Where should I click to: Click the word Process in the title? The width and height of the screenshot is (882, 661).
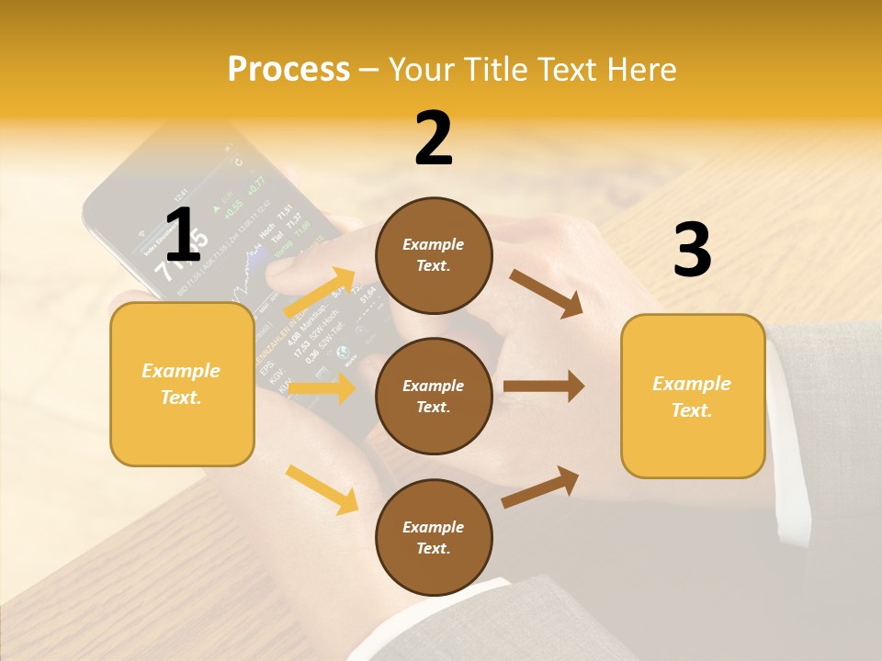click(288, 69)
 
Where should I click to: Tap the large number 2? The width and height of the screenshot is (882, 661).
click(434, 139)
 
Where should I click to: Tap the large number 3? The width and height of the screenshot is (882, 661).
click(692, 251)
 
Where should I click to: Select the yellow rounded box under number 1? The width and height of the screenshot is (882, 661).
click(182, 384)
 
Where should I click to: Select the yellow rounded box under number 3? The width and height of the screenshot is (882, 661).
click(693, 396)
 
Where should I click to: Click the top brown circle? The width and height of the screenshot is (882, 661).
click(434, 255)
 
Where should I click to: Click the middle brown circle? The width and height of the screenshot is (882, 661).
click(434, 396)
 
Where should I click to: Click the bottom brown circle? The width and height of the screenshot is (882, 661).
click(434, 537)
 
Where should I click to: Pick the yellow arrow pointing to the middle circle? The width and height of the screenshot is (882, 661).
click(322, 388)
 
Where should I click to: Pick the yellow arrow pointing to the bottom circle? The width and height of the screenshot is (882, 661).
click(322, 489)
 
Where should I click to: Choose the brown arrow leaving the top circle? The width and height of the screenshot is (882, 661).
click(547, 293)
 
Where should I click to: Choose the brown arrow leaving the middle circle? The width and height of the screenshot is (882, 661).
click(544, 387)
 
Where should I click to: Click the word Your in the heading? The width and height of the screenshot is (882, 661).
click(420, 69)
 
